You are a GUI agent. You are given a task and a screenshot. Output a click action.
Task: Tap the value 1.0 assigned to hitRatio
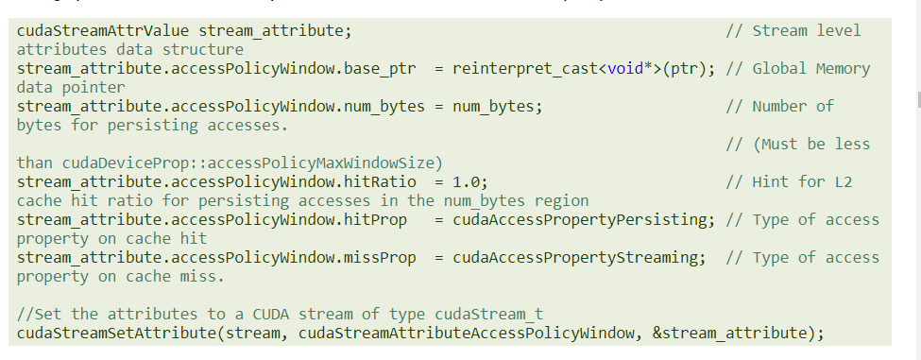pyautogui.click(x=468, y=181)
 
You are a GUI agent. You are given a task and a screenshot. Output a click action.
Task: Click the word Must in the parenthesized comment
pyautogui.click(x=784, y=144)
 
